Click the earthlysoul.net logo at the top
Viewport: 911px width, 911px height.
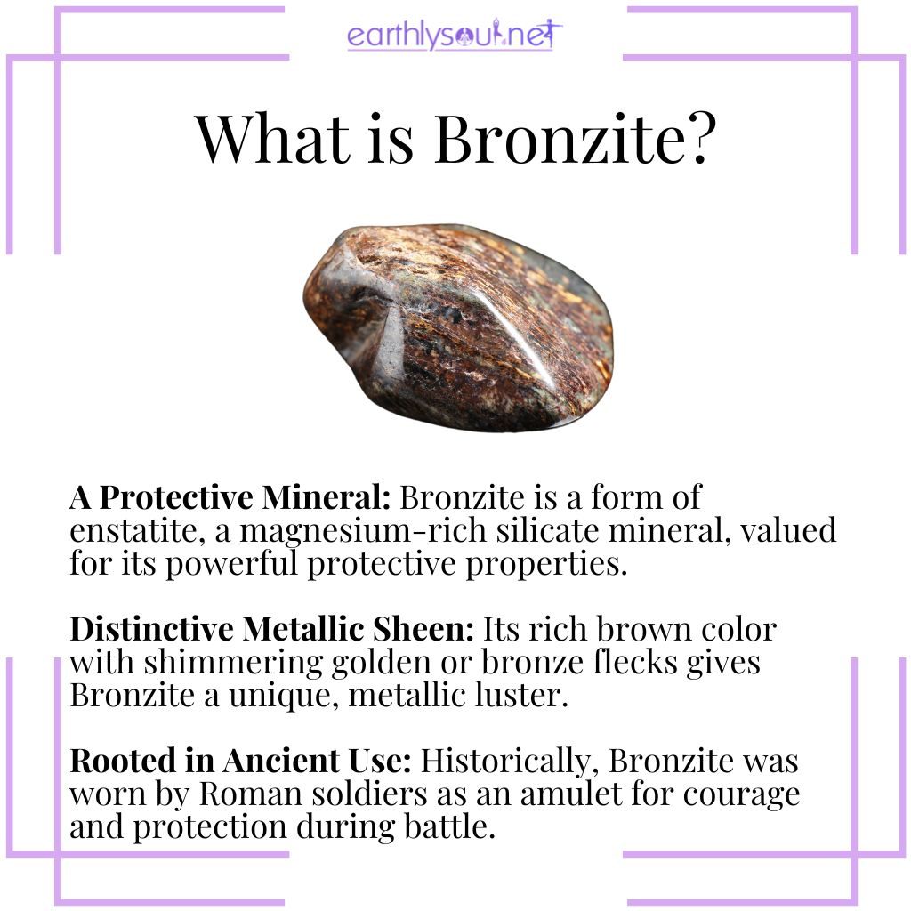click(x=455, y=36)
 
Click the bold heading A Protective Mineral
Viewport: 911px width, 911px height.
click(x=233, y=497)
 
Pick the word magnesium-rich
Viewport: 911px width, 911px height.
click(x=332, y=531)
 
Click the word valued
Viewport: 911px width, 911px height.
click(x=783, y=531)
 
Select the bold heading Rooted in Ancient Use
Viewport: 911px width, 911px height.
click(x=240, y=762)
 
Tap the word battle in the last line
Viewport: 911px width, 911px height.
click(x=447, y=828)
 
